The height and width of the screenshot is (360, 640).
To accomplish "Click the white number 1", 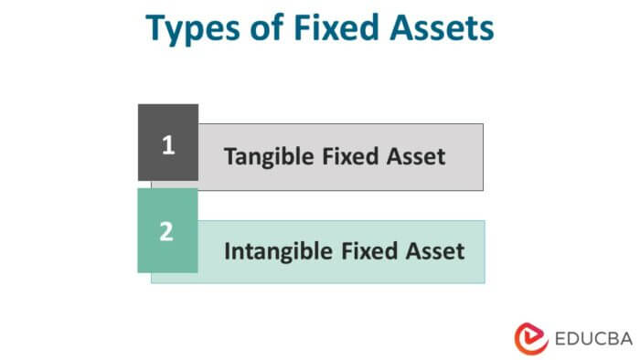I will coord(167,143).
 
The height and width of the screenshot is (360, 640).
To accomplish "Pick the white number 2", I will coord(166,231).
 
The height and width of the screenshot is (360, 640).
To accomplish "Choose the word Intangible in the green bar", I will coord(278,249).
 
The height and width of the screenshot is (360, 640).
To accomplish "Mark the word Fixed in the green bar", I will coord(373,249).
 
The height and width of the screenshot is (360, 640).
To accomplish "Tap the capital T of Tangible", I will coord(229,156).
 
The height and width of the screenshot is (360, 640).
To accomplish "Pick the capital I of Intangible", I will coord(227,249).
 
